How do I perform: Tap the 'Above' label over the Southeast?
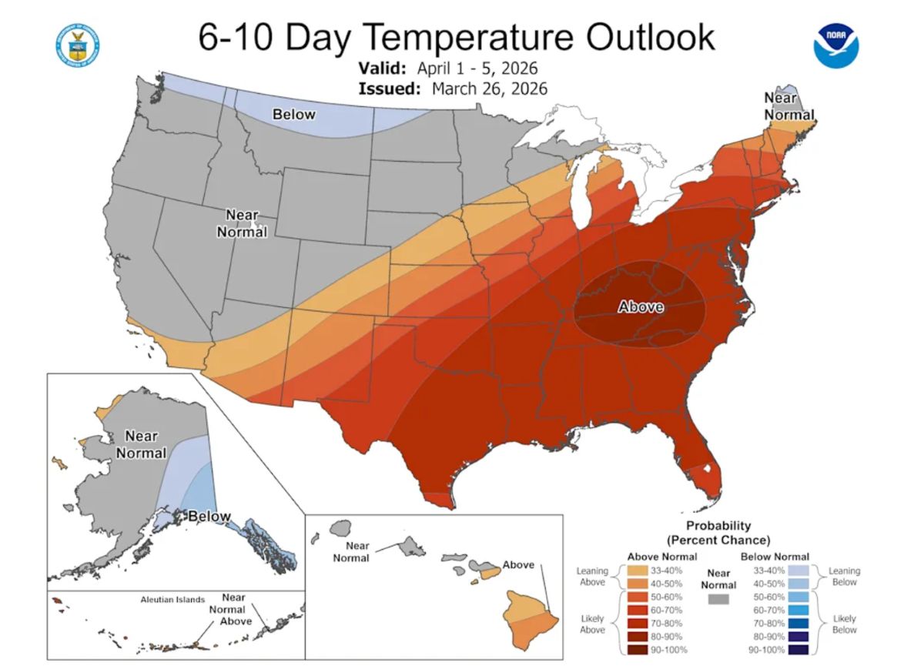coord(641,307)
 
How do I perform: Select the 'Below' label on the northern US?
coord(294,115)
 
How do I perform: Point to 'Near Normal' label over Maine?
coord(788,106)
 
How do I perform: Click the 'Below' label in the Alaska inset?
coord(205,516)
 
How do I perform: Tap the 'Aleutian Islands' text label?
coord(172,599)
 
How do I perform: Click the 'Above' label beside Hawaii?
coord(518,564)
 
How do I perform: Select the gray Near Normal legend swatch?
coord(718,598)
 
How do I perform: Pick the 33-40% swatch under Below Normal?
coord(798,571)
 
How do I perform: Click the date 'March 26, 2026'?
coord(490,89)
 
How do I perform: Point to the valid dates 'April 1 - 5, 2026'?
coord(477,67)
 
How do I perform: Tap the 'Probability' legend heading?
coord(718,526)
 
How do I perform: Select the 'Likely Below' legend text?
coord(845,624)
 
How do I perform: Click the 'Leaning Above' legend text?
coord(592,577)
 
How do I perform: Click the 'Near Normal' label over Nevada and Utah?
coord(242,223)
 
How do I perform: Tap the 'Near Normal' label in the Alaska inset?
coord(142,444)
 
